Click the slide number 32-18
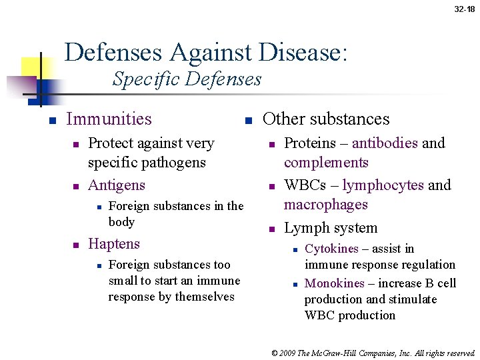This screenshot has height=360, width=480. (x=464, y=9)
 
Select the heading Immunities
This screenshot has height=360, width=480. (x=109, y=119)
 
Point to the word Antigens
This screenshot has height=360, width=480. (x=117, y=185)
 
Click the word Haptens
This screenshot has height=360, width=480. (x=114, y=243)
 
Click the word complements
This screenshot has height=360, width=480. (x=326, y=163)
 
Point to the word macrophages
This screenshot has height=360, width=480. (x=326, y=204)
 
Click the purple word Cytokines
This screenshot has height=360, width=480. (x=331, y=249)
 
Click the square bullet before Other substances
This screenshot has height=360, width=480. (x=247, y=121)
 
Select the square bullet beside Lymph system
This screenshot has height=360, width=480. (x=271, y=229)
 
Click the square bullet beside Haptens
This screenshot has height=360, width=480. (x=76, y=245)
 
